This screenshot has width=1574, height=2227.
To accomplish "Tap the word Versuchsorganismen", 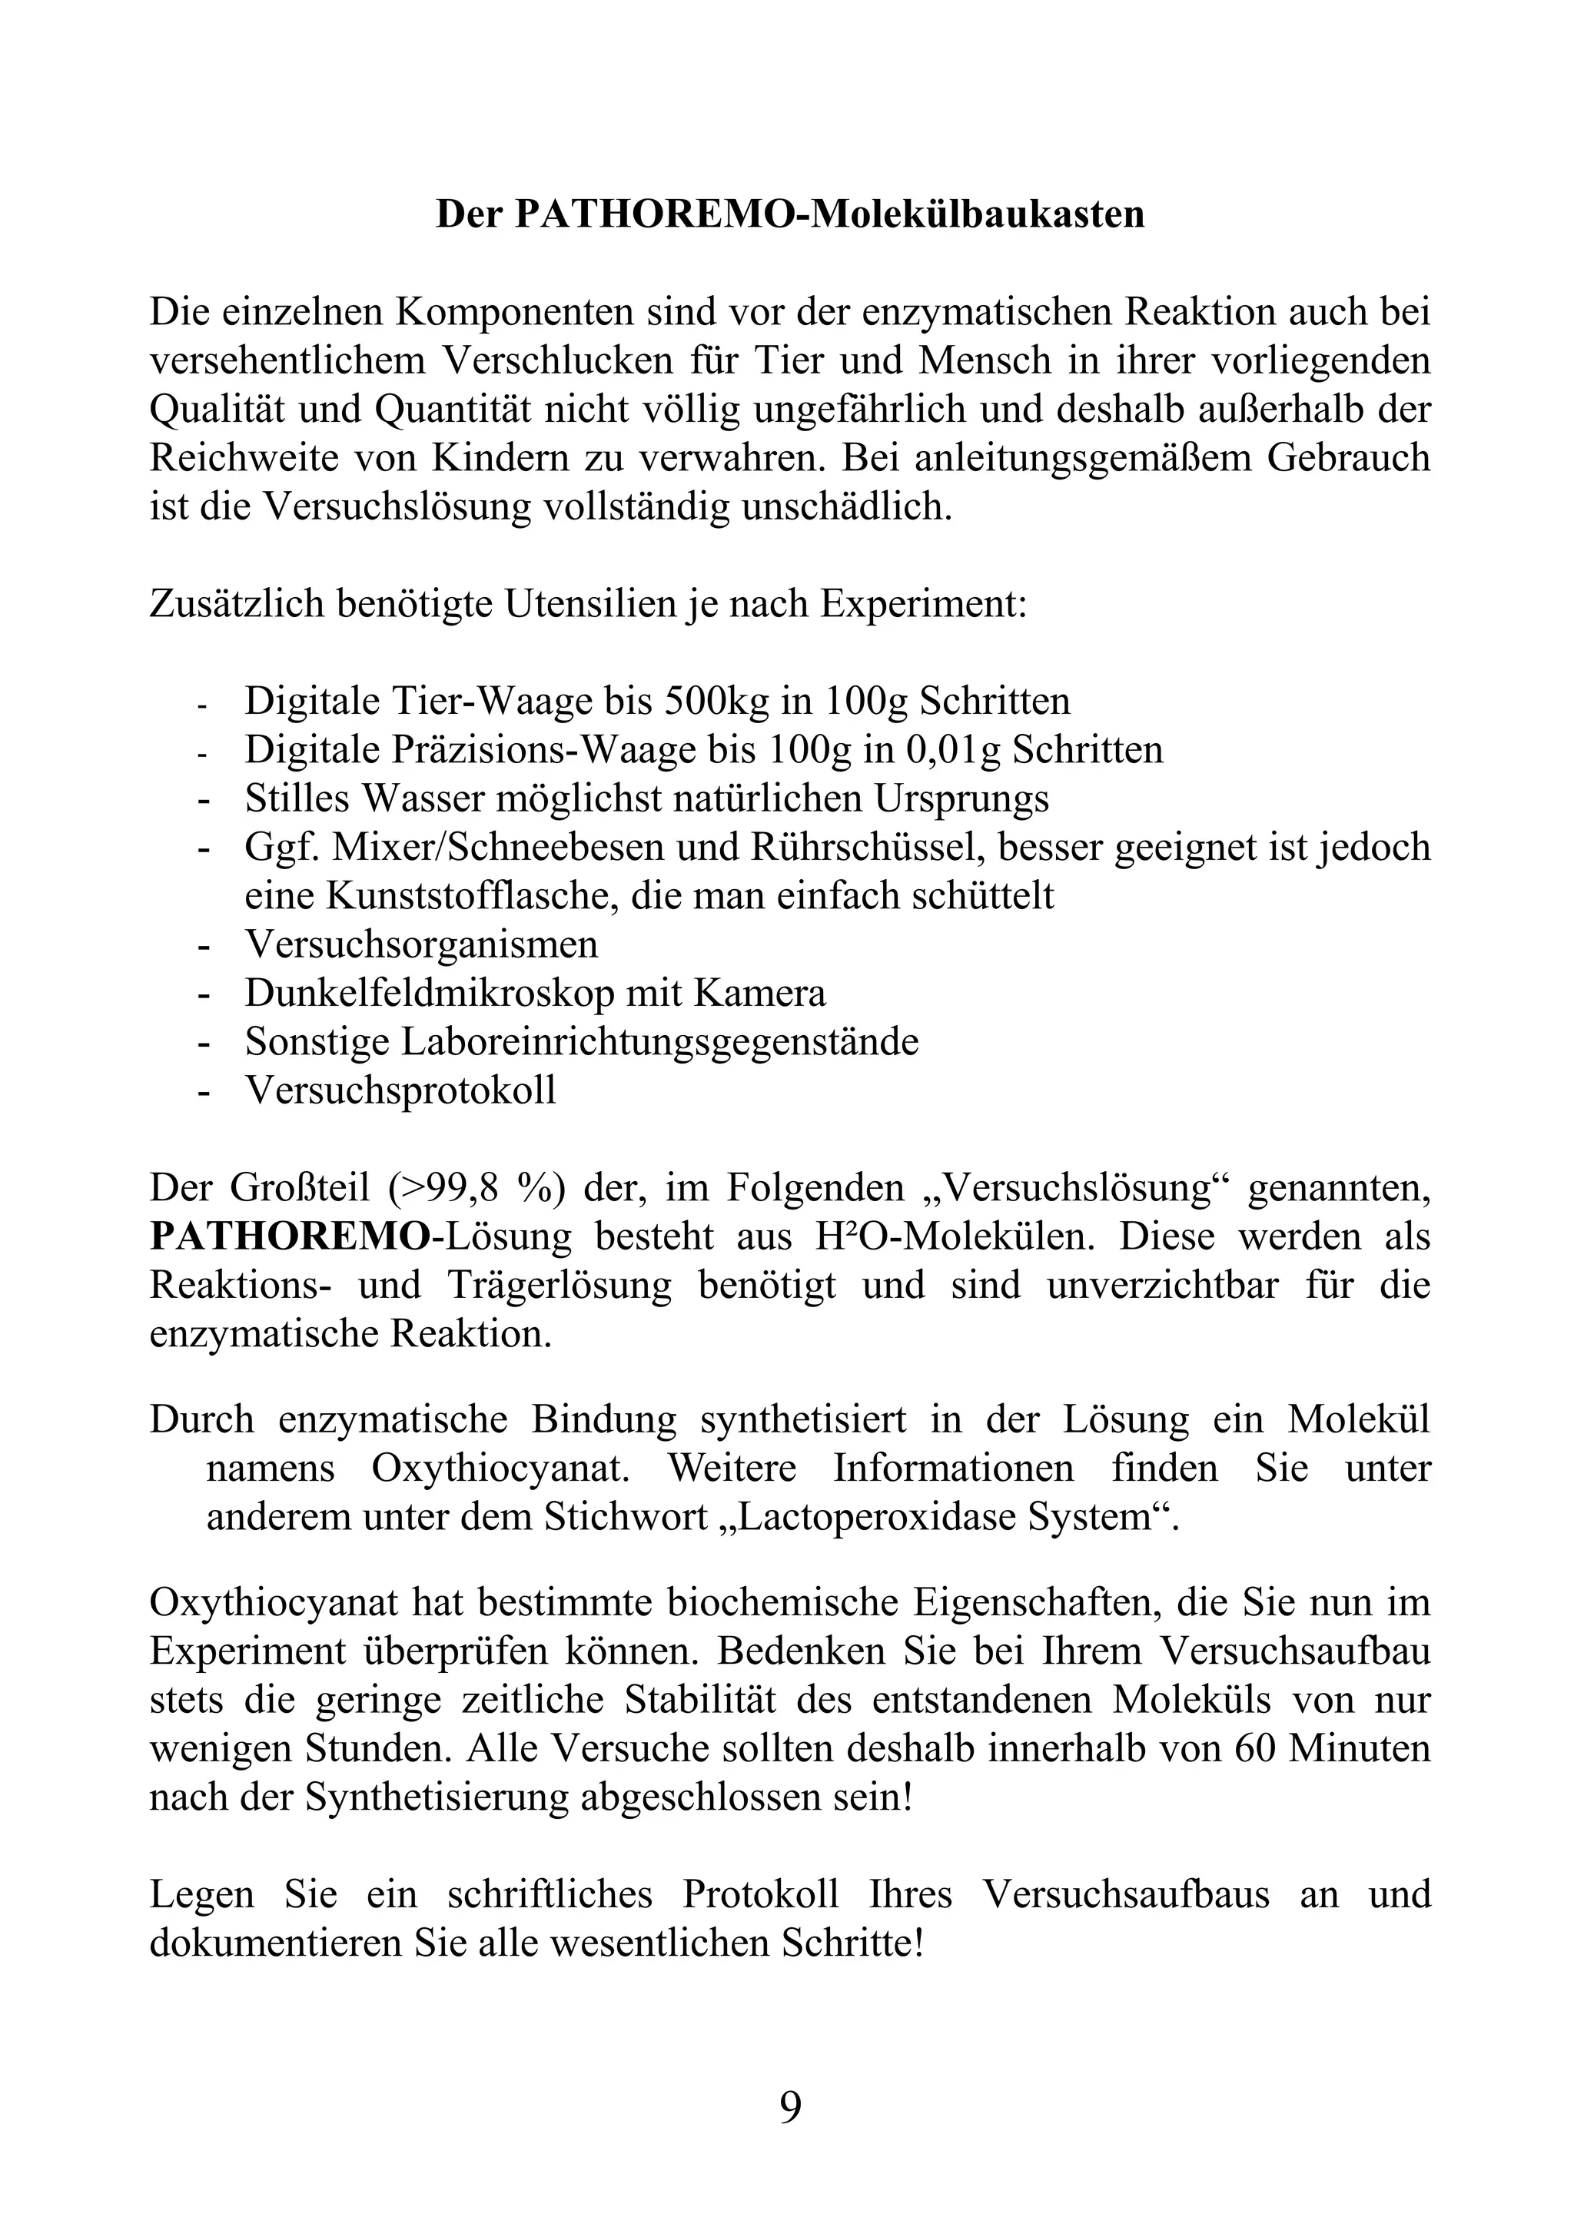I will pyautogui.click(x=421, y=944).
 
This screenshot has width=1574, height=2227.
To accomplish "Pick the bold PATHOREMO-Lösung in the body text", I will pyautogui.click(x=360, y=1236).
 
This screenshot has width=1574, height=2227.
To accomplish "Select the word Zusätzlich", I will pyautogui.click(x=236, y=603).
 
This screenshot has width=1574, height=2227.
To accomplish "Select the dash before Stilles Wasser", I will pyautogui.click(x=204, y=800).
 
